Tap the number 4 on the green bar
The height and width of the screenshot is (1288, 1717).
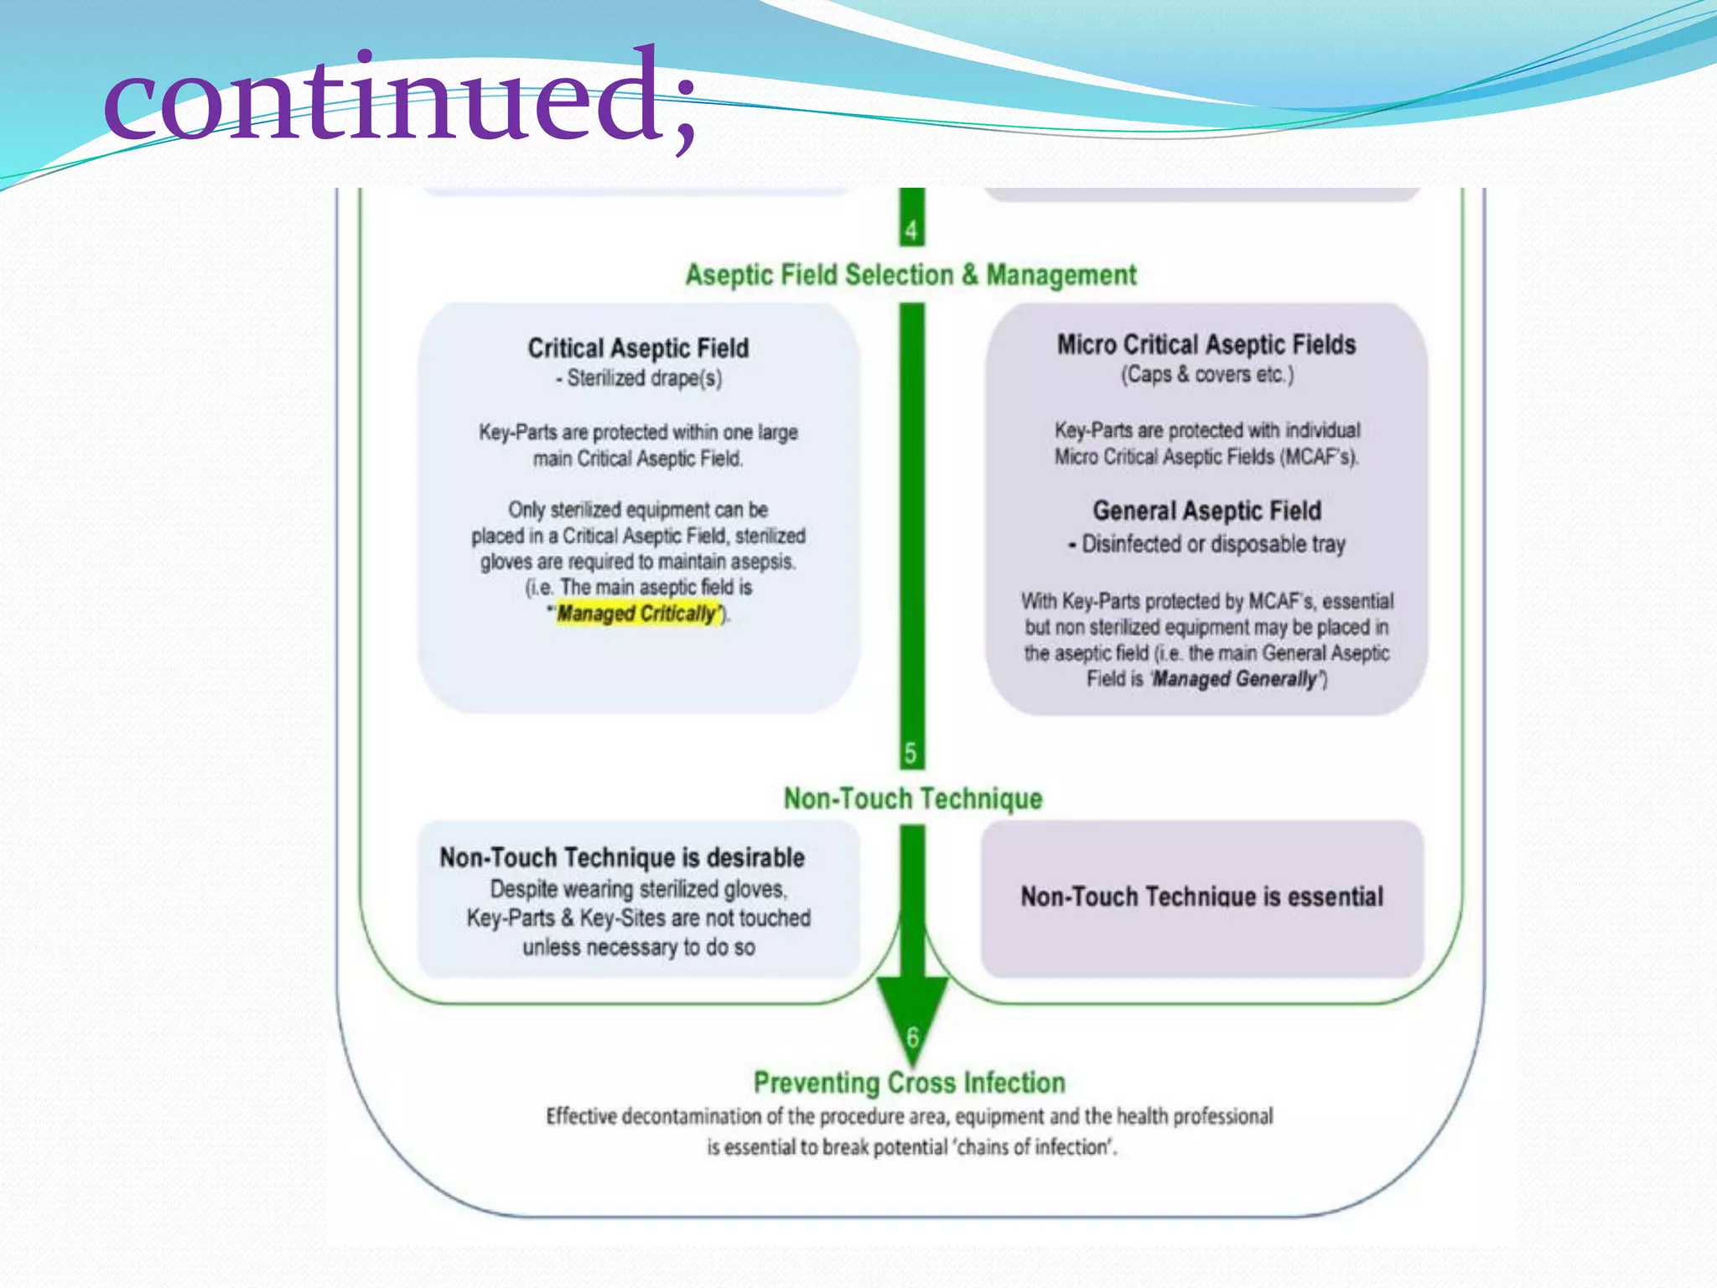[x=911, y=229]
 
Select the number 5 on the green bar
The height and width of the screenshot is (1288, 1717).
[x=911, y=752]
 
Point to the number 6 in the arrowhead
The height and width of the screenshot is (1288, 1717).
[x=912, y=1036]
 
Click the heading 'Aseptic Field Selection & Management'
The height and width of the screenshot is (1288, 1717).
[x=910, y=275]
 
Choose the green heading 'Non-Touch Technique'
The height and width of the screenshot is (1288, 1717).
[x=912, y=798]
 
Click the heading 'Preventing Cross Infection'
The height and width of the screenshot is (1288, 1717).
[x=909, y=1083]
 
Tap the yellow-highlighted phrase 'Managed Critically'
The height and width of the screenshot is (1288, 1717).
[x=638, y=614]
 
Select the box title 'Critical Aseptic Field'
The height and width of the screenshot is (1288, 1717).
[x=638, y=348]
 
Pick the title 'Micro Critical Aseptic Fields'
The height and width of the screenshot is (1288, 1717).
[x=1206, y=345]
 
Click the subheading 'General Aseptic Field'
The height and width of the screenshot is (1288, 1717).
[x=1206, y=511]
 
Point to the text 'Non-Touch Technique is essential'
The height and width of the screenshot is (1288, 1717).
[x=1201, y=896]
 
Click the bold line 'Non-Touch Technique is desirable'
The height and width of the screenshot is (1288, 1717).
[x=622, y=857]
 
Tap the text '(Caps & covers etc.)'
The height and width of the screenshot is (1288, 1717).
[x=1207, y=375]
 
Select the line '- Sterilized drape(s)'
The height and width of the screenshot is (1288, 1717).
[x=638, y=378]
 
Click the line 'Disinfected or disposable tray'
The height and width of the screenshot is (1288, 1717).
[x=1212, y=544]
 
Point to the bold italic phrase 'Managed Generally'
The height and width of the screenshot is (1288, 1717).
[x=1235, y=678]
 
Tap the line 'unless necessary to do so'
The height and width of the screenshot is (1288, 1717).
[x=638, y=948]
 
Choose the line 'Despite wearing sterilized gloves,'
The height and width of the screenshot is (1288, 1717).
[x=638, y=889]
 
